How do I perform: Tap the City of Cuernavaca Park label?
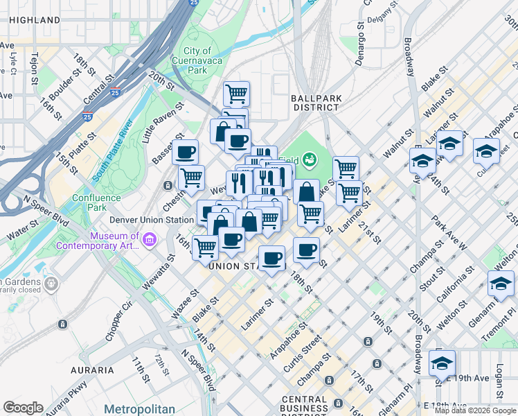pyautogui.click(x=197, y=60)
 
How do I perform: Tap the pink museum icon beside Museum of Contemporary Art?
pyautogui.click(x=150, y=240)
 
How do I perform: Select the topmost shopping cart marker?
pyautogui.click(x=237, y=93)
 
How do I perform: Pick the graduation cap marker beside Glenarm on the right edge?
pyautogui.click(x=501, y=284)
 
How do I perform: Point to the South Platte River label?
pyautogui.click(x=112, y=150)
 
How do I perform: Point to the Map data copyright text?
pyautogui.click(x=475, y=410)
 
